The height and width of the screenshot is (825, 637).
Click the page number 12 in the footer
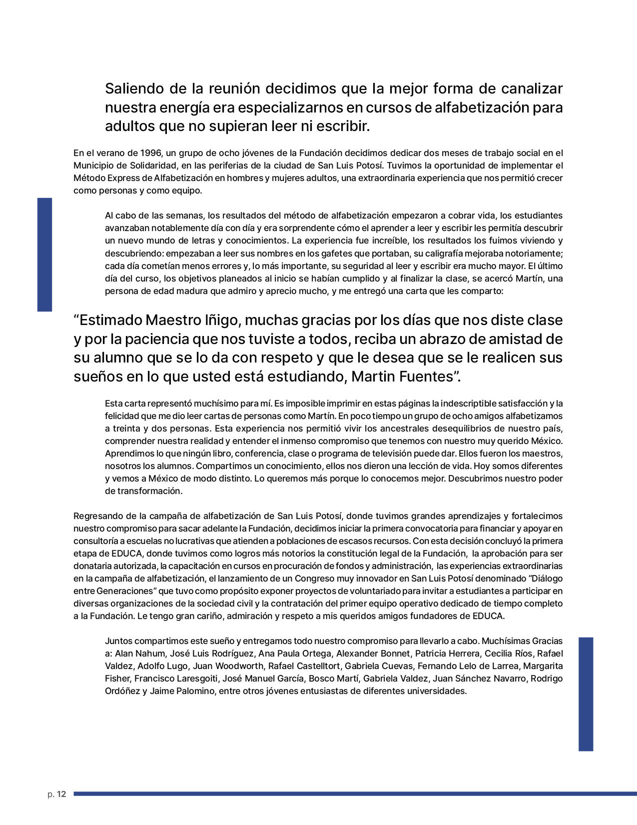coord(61,794)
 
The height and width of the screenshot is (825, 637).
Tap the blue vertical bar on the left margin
coord(44,254)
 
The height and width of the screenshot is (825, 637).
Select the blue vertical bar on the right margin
coord(586,694)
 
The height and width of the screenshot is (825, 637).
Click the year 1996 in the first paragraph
coord(151,153)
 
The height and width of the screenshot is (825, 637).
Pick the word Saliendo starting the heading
coord(134,88)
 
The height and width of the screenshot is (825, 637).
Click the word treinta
coord(126,428)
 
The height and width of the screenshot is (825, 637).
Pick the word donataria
coord(92,566)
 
